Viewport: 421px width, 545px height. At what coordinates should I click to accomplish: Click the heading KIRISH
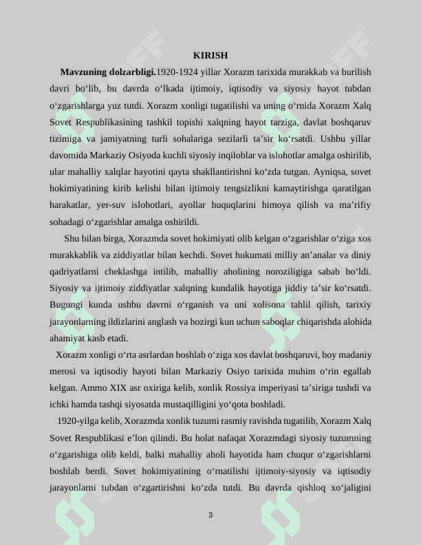click(x=210, y=55)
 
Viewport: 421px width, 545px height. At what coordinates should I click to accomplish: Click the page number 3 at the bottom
click(x=210, y=515)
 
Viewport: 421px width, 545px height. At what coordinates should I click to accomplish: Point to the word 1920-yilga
click(x=76, y=421)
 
